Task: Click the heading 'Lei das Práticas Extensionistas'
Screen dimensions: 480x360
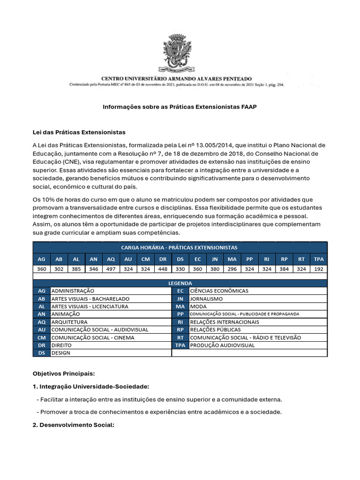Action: pos(79,132)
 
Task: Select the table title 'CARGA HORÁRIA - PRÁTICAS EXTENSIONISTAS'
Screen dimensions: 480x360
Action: pos(180,247)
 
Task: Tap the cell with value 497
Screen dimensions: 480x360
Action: pos(111,270)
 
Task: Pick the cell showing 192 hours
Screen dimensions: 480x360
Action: pos(319,270)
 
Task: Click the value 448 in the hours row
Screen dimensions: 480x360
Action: pos(163,270)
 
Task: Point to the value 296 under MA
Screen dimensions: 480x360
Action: pos(232,270)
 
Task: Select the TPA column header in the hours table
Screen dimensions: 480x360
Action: pos(319,259)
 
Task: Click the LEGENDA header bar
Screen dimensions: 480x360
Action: pos(180,283)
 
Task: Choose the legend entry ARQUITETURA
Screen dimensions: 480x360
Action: pos(69,322)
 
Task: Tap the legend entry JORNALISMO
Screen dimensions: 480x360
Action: pos(207,299)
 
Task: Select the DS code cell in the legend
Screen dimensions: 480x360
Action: pos(41,353)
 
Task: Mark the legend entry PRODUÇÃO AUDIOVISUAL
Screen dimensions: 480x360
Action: pos(223,345)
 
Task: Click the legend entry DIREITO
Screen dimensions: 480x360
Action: pos(61,345)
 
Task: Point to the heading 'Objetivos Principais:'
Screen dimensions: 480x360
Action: pos(63,374)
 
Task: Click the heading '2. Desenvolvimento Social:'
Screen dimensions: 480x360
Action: pos(73,425)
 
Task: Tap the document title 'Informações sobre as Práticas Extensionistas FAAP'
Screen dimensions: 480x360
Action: pos(180,107)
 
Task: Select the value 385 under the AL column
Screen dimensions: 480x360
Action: pos(76,270)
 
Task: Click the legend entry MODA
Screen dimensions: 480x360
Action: pos(198,307)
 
